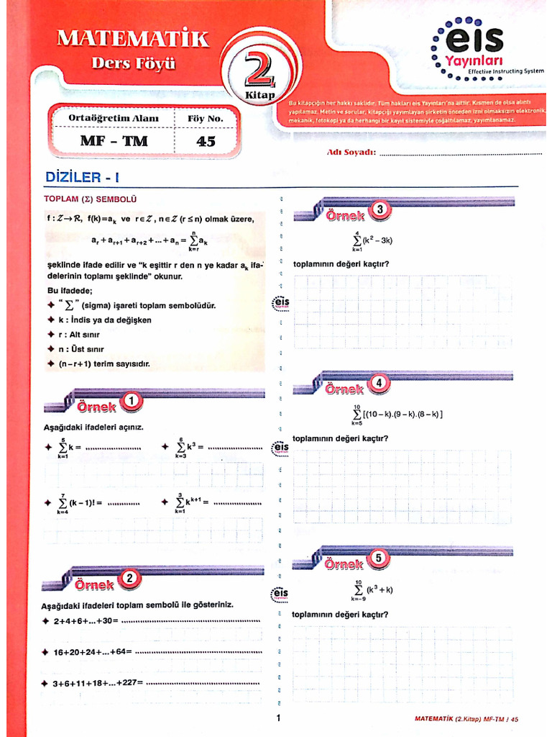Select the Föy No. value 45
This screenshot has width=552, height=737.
tap(206, 142)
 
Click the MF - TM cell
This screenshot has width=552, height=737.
tap(114, 142)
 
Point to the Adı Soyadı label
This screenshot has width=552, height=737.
tap(351, 153)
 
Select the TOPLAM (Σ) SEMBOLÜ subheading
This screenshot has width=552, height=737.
tap(90, 199)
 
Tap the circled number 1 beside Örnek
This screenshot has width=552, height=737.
tap(131, 401)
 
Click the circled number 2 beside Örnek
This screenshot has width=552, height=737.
tap(129, 578)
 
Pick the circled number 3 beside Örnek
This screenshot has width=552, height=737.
tap(380, 209)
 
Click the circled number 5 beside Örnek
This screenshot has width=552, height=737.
tap(379, 558)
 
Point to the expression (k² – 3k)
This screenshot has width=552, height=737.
tap(378, 240)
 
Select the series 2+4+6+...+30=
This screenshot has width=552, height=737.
tap(86, 620)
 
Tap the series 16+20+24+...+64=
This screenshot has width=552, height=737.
tap(93, 652)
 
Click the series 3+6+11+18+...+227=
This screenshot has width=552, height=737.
tap(98, 682)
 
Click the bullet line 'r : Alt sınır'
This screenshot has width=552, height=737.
tap(79, 335)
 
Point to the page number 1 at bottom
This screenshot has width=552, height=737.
tap(277, 717)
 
